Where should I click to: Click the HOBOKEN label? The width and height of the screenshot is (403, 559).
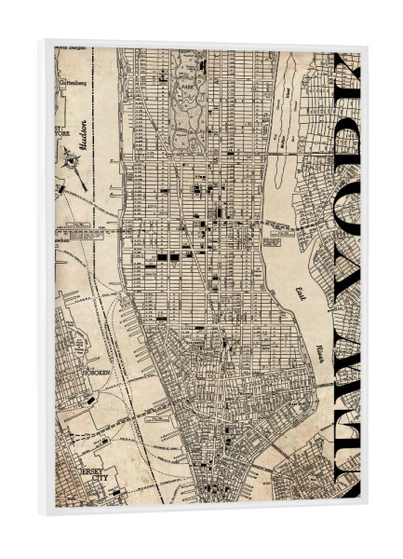click(95, 372)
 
